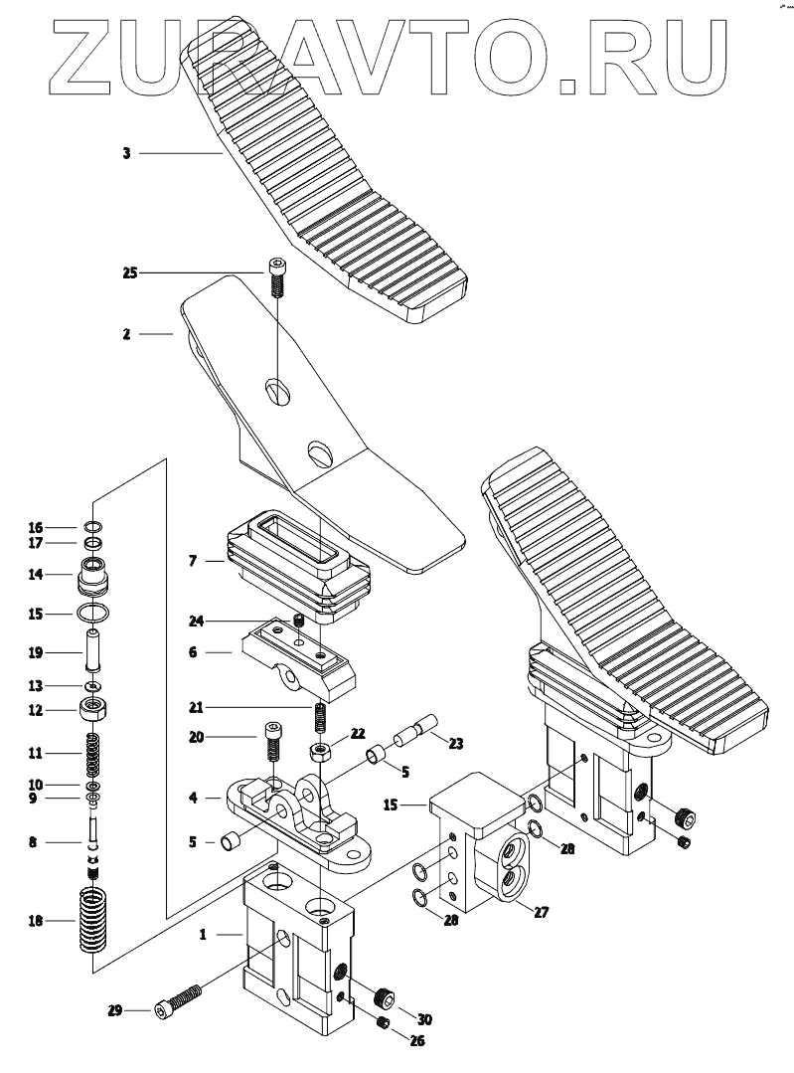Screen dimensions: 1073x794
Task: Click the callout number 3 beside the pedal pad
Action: pyautogui.click(x=127, y=153)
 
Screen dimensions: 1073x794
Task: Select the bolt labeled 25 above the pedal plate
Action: pyautogui.click(x=277, y=275)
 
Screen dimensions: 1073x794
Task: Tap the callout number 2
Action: pyautogui.click(x=127, y=335)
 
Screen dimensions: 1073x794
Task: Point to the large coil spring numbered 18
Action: pyautogui.click(x=92, y=921)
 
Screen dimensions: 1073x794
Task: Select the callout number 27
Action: pyautogui.click(x=542, y=911)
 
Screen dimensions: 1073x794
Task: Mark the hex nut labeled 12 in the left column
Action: pyautogui.click(x=92, y=710)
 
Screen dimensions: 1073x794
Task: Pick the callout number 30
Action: pyautogui.click(x=425, y=1018)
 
